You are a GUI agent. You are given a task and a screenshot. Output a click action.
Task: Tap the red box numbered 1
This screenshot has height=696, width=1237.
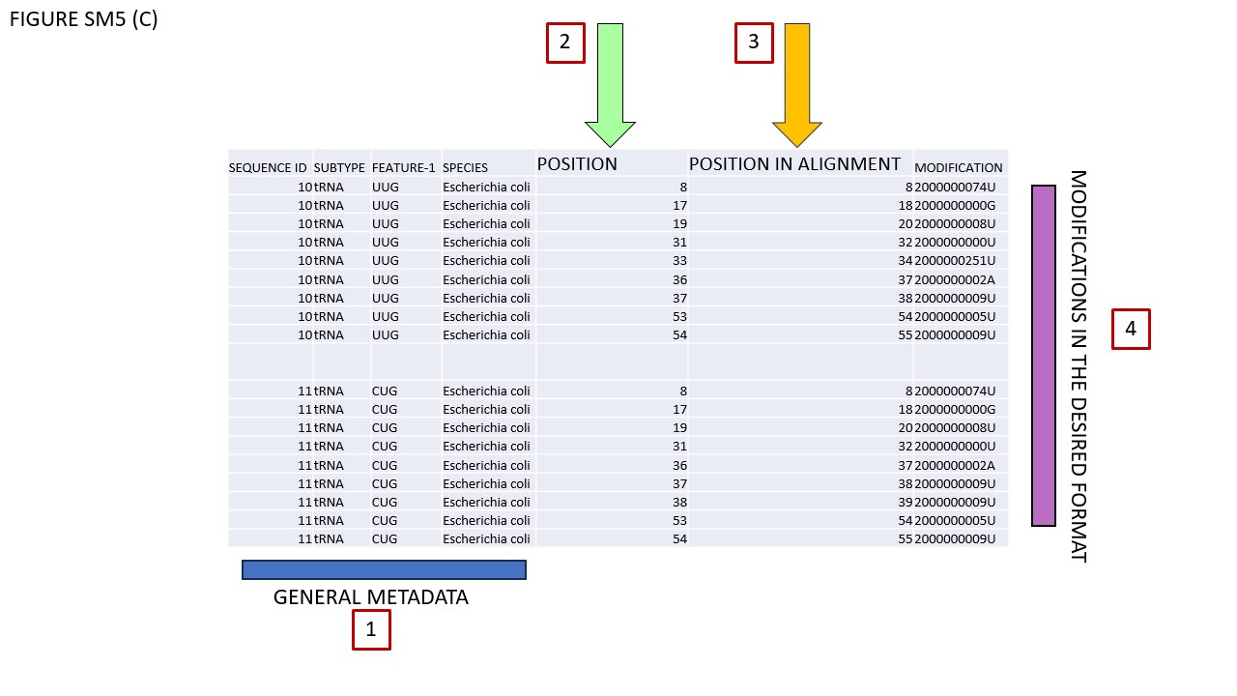(371, 629)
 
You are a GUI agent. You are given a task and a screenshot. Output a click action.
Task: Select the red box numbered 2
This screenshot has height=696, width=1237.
(565, 43)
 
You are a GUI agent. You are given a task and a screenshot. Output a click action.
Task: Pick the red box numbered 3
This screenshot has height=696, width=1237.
(754, 43)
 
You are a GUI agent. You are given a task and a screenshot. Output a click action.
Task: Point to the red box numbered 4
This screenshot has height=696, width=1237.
(1131, 330)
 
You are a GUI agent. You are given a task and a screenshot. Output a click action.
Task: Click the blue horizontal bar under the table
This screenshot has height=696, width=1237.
(384, 569)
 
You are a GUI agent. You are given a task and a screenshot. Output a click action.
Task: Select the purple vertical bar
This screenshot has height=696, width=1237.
(1043, 356)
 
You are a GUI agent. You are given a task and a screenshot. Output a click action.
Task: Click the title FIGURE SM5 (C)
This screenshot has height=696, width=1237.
(84, 19)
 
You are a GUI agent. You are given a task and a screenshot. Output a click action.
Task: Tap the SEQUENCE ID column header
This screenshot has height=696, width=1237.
(268, 168)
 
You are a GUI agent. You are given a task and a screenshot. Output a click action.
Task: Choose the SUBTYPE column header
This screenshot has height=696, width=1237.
(339, 168)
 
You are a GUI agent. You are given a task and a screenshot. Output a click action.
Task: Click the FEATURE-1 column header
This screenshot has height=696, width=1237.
(404, 168)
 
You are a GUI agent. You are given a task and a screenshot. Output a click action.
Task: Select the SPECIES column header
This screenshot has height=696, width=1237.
(465, 168)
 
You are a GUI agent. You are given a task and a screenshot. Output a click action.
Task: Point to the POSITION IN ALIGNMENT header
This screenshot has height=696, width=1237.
(794, 164)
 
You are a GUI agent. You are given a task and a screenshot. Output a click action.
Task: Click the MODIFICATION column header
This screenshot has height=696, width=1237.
(958, 168)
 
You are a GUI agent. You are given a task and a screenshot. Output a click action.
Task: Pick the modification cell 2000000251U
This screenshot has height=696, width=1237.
(955, 261)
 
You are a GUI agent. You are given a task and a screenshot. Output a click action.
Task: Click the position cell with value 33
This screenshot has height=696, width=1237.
(679, 261)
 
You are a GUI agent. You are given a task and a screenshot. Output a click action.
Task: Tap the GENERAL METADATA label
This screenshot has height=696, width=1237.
(370, 597)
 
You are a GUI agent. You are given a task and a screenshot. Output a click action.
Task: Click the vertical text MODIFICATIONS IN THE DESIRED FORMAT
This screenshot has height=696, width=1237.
(1079, 366)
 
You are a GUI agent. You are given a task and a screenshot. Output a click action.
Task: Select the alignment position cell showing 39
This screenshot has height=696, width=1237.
(906, 502)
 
